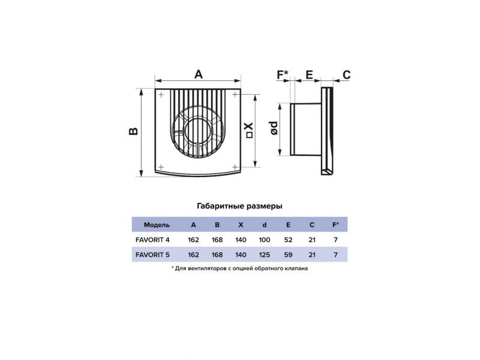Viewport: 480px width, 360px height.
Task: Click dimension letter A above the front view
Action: (199, 74)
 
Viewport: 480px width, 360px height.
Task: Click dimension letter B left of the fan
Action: (133, 131)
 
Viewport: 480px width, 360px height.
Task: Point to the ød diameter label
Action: (274, 128)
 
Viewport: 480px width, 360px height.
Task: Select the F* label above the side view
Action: (283, 74)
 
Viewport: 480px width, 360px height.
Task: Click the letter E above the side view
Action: (310, 74)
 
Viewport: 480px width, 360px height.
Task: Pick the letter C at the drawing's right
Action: (346, 74)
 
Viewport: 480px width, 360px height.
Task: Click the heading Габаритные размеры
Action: (239, 206)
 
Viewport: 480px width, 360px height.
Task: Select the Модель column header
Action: (157, 225)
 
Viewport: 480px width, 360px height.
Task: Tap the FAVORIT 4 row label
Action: (152, 239)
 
